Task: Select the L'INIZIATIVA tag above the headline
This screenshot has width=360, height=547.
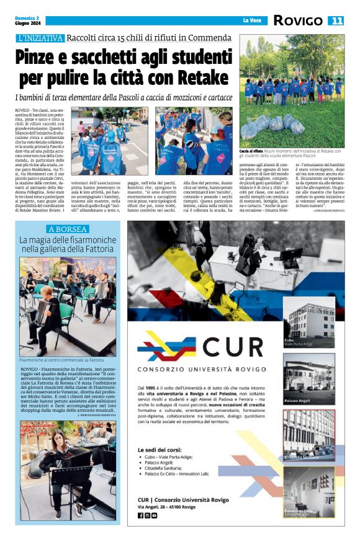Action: pos(41,38)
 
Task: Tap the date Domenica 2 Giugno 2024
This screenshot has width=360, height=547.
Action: pos(29,20)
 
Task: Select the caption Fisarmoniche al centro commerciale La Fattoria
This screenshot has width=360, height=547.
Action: pos(61,360)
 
